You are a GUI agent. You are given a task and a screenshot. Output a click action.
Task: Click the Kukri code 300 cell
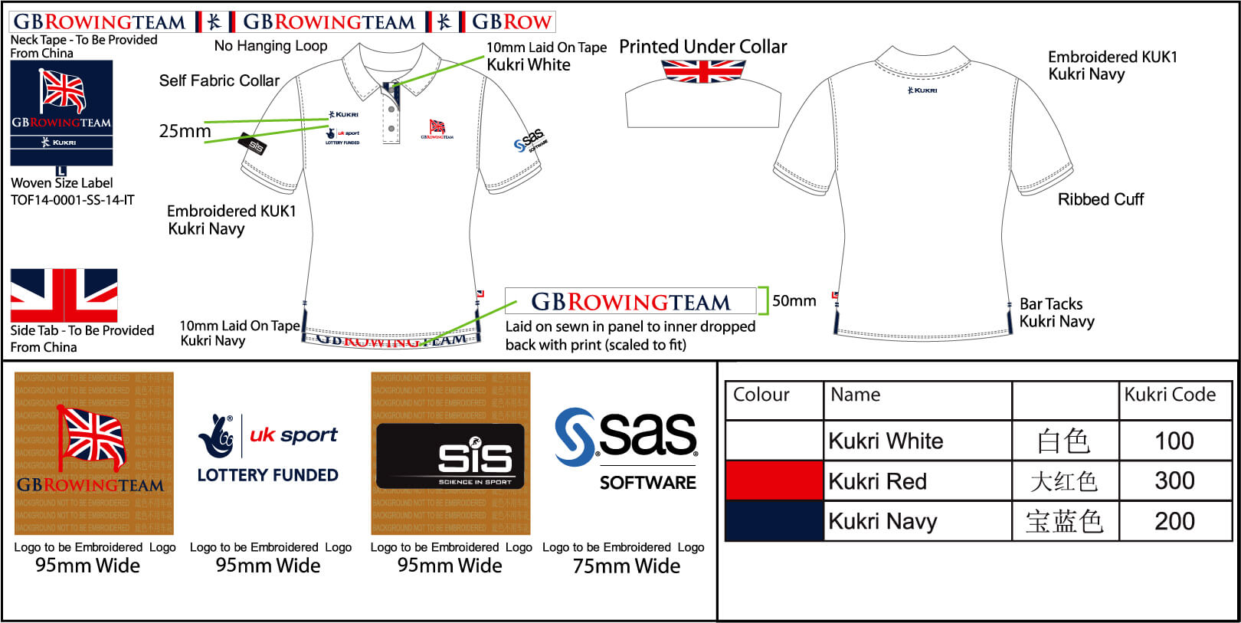1174,480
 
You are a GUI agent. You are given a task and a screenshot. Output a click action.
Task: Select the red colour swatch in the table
774,480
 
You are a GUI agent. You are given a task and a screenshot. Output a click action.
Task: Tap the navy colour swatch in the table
774,521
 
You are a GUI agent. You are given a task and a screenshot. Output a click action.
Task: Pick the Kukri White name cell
886,441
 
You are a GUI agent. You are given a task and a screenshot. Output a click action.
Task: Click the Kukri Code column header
1170,395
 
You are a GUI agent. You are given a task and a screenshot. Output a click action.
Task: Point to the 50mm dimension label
794,300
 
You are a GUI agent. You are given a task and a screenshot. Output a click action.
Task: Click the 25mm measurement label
185,131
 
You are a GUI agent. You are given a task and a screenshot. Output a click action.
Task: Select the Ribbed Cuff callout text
1100,199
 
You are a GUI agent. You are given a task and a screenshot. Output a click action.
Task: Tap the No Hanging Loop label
270,46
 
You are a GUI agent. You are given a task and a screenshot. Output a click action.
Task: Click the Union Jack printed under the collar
702,71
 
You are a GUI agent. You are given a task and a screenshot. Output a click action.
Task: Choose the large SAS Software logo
626,448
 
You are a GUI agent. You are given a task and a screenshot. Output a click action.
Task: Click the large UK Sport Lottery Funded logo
268,448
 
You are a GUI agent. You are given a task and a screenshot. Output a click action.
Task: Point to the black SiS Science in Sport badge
450,457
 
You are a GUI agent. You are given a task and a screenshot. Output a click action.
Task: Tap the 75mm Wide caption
626,566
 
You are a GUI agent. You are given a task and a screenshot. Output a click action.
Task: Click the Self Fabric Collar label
219,80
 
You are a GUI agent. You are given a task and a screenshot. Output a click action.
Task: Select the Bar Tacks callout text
1051,304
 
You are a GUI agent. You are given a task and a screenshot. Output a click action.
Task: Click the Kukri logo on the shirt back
922,90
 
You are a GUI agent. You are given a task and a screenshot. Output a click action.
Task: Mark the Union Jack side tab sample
64,295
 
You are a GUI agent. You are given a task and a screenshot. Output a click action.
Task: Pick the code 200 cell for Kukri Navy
1174,521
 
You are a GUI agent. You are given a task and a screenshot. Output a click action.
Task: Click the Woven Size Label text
61,183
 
